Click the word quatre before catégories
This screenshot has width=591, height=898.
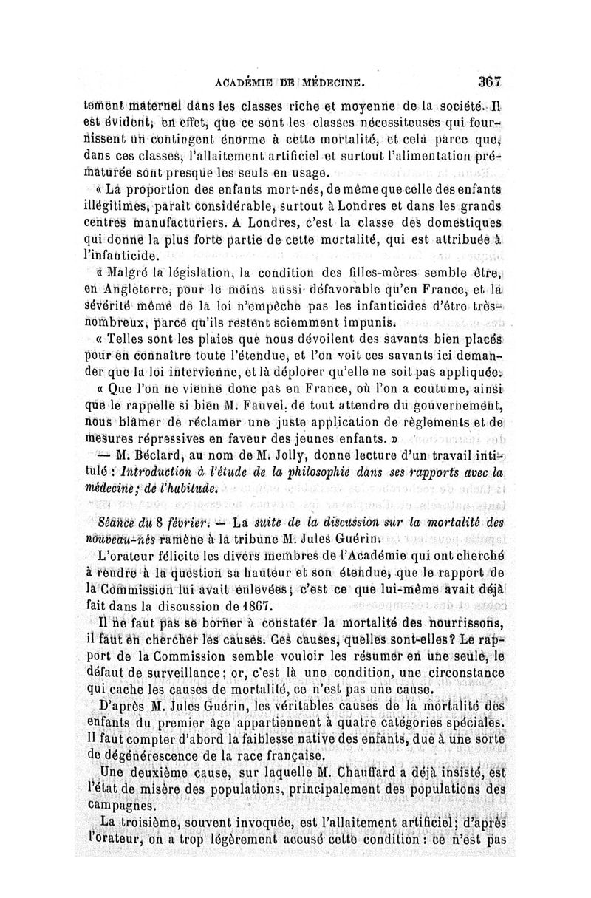(x=391, y=721)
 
